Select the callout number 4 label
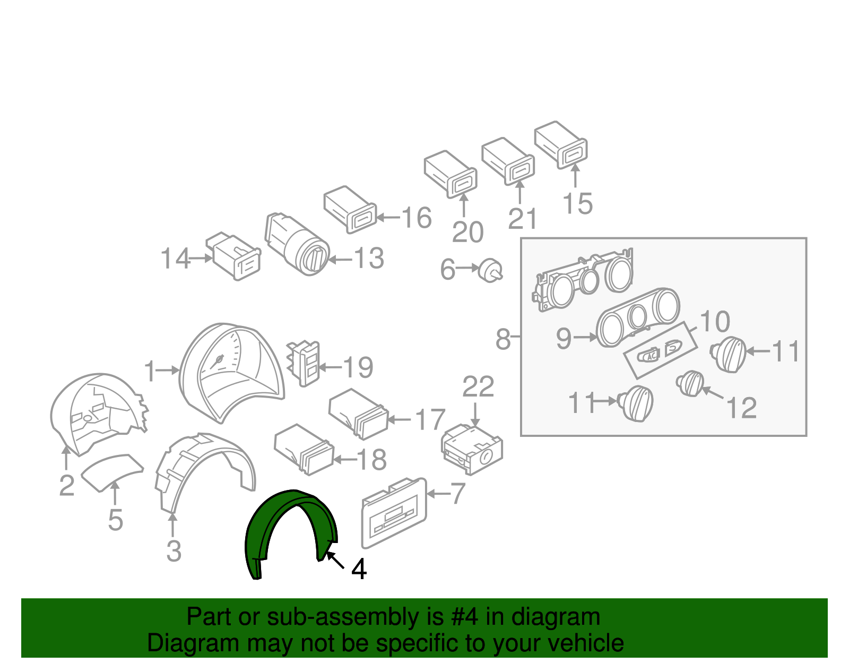(359, 569)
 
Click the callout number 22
(478, 386)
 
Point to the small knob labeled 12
(690, 383)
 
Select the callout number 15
(578, 203)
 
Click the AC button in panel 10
(649, 355)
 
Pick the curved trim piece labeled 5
(112, 473)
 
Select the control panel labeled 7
(394, 513)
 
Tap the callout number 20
(467, 233)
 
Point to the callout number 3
(174, 552)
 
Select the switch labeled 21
(508, 161)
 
